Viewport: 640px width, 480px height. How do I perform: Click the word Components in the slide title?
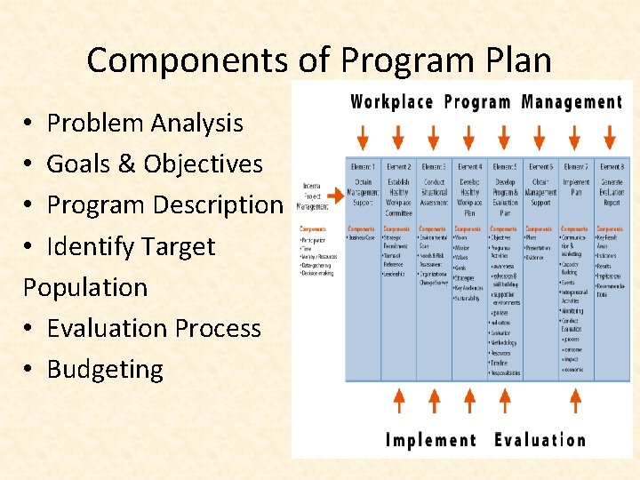187,60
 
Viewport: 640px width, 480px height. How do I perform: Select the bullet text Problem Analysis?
145,123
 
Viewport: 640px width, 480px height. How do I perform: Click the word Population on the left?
85,287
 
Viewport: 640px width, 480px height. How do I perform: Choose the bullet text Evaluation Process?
154,328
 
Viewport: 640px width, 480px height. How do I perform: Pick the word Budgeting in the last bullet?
105,369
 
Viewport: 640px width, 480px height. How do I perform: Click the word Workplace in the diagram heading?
391,101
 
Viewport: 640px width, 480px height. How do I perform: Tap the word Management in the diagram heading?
572,101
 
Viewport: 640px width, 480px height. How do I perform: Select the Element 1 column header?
363,166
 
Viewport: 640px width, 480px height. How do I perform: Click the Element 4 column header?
469,166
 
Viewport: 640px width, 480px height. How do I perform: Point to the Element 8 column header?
611,166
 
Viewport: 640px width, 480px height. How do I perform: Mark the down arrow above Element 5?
505,136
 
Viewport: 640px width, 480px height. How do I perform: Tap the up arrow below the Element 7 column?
575,401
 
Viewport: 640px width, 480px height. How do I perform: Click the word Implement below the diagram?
431,440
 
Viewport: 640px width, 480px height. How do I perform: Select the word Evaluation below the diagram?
540,440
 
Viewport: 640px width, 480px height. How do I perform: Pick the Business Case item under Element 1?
361,238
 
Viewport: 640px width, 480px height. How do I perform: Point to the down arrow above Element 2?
398,136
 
